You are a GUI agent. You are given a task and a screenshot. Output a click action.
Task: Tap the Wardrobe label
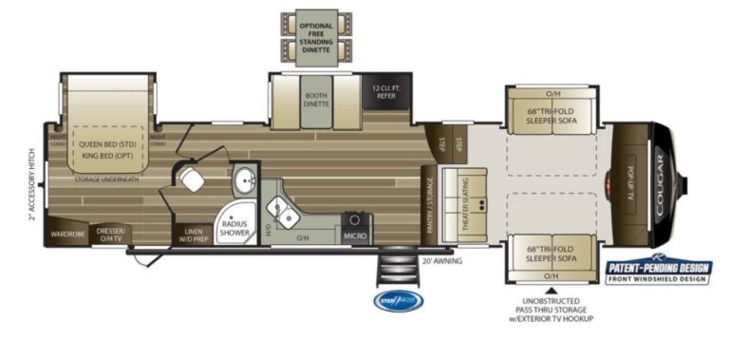pyautogui.click(x=67, y=232)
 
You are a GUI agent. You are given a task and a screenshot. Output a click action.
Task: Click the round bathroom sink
pyautogui.click(x=245, y=178)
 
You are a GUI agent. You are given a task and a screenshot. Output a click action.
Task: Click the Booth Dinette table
pyautogui.click(x=316, y=101)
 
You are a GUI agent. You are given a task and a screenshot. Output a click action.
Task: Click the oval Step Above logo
pyautogui.click(x=398, y=301)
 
